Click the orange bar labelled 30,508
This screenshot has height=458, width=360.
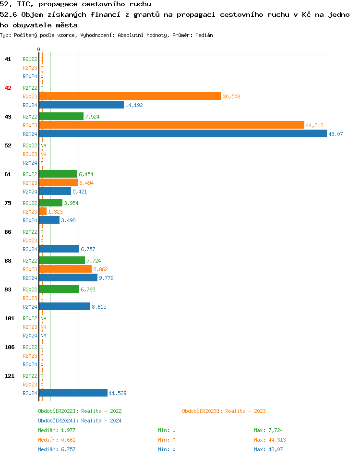[130, 96]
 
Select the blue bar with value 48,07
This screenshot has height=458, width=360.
[182, 133]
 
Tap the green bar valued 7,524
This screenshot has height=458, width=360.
[61, 116]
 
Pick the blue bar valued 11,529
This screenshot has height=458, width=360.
[73, 393]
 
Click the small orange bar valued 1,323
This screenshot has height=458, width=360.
[43, 211]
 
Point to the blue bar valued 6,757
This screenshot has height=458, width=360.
[59, 249]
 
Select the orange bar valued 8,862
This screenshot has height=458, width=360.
[65, 269]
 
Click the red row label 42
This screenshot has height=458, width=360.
[8, 88]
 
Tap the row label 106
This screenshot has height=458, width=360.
[9, 347]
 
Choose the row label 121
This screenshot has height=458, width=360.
[9, 376]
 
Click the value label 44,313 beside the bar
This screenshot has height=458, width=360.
[314, 125]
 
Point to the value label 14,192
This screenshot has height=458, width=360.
[134, 105]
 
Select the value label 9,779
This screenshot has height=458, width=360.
[106, 278]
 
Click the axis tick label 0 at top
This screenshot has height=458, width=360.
[39, 50]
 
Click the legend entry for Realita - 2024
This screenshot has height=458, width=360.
[80, 421]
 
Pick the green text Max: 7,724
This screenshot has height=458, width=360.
[270, 430]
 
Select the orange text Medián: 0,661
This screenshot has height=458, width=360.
[57, 440]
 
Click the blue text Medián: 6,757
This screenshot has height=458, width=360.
[57, 449]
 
